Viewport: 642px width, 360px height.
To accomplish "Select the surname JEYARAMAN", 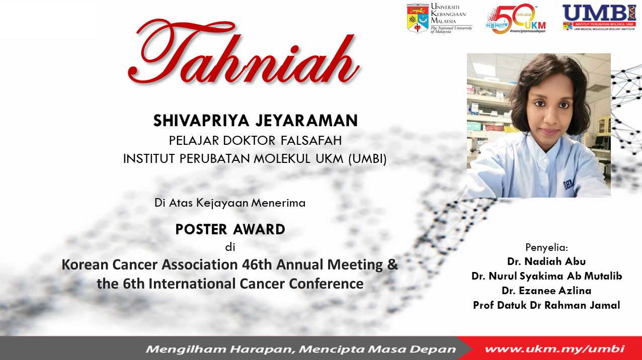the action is coord(307,121).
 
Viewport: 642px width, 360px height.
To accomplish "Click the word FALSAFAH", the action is coord(311,141).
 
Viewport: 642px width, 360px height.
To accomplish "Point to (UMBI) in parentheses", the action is coord(368,159).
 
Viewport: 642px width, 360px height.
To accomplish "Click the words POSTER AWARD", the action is coord(230,229).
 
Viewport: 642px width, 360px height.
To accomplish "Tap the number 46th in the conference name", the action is coord(257,264).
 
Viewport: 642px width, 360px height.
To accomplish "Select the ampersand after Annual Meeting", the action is coord(392,264).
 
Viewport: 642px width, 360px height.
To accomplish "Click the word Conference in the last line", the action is coord(326,284).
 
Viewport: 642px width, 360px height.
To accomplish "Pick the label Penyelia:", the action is coord(546,247).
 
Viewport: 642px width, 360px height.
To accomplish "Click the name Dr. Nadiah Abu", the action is coord(546,261).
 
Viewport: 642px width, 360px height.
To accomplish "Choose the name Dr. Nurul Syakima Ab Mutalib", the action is coord(547,276).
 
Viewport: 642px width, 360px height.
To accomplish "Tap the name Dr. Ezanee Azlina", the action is coord(546,291).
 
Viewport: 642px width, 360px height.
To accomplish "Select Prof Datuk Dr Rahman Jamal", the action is coord(546,305).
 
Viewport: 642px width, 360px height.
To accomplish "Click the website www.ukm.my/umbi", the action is coord(554,349).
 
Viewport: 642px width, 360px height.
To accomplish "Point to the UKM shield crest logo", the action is coord(418,18).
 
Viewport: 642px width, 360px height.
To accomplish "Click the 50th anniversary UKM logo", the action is coord(516,18).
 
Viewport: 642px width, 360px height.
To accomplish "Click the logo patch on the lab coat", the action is coord(569,185).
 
